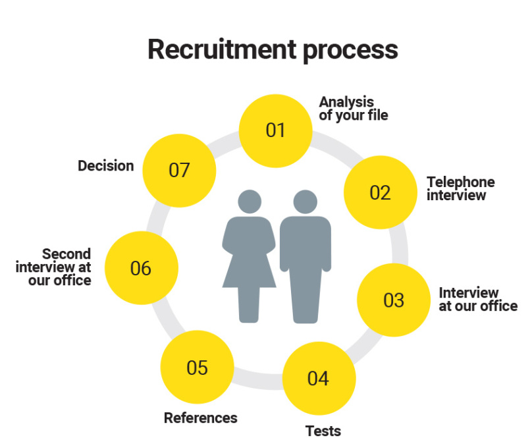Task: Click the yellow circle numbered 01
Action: tap(275, 130)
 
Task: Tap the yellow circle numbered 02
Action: tap(380, 192)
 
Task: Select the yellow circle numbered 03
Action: tap(393, 300)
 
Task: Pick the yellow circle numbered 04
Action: tap(319, 379)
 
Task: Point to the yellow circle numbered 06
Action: tap(141, 268)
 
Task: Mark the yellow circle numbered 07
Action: tap(179, 170)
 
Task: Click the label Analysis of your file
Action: tap(354, 109)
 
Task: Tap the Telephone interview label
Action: tap(460, 188)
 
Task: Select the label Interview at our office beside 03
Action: tap(478, 299)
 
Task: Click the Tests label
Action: tap(323, 431)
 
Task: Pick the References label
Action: tap(200, 418)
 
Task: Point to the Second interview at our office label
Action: tap(54, 267)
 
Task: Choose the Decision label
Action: tap(105, 166)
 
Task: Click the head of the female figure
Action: tap(250, 202)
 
